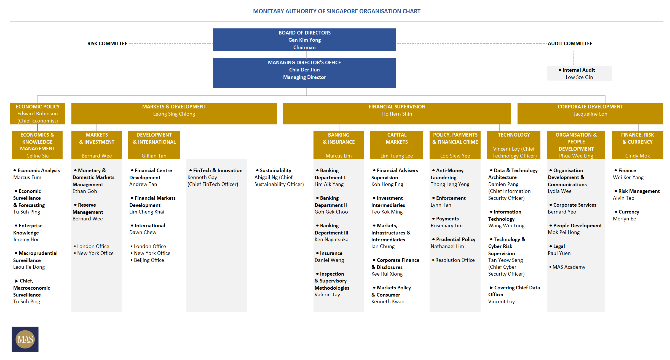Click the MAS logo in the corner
(25, 339)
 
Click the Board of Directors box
(304, 40)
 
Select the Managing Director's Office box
(304, 73)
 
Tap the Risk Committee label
(107, 44)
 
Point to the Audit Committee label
(570, 44)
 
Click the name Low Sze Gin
(579, 77)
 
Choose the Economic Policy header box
(37, 114)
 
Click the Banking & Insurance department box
(339, 145)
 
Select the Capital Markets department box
(396, 145)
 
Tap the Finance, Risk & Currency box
(637, 145)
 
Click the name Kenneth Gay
(202, 177)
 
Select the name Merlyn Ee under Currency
(625, 219)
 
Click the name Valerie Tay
(327, 295)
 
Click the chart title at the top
(337, 11)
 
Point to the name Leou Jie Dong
(29, 267)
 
